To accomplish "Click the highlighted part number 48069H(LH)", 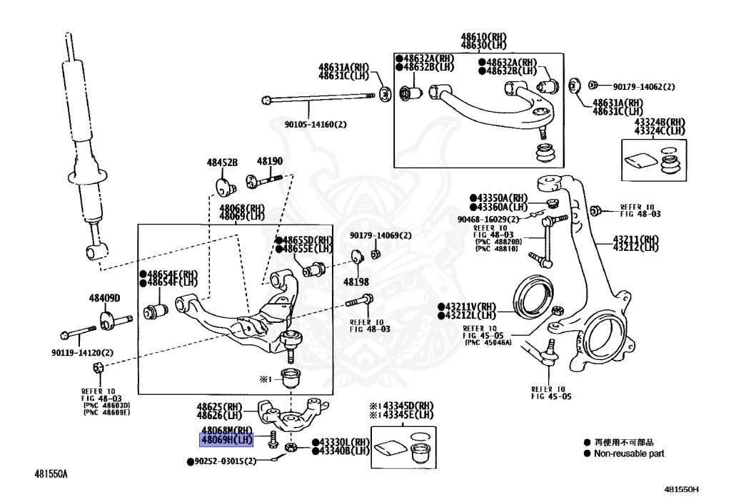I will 226,441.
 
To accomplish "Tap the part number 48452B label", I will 222,163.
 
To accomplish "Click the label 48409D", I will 104,297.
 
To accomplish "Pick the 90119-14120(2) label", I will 82,352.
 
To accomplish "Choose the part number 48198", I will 356,282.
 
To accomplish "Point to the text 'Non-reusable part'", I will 629,453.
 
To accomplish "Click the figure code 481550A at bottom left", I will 55,473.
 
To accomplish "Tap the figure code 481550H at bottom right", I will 681,490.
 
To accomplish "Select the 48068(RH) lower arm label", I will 241,207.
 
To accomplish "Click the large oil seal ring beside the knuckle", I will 534,300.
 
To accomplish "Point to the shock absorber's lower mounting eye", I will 96,250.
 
